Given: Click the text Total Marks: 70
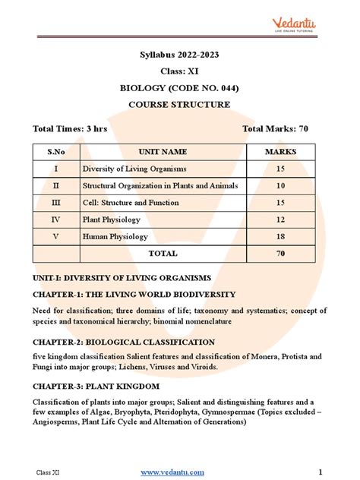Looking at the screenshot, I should click(x=275, y=129).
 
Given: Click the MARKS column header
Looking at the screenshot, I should click(x=280, y=152).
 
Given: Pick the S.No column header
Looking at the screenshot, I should click(x=55, y=152).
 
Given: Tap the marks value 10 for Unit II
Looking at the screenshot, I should click(x=280, y=185).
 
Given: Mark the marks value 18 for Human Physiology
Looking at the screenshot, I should click(x=280, y=236).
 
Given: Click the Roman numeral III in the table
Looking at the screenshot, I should click(x=55, y=203).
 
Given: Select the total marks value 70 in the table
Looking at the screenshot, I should click(x=280, y=254).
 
